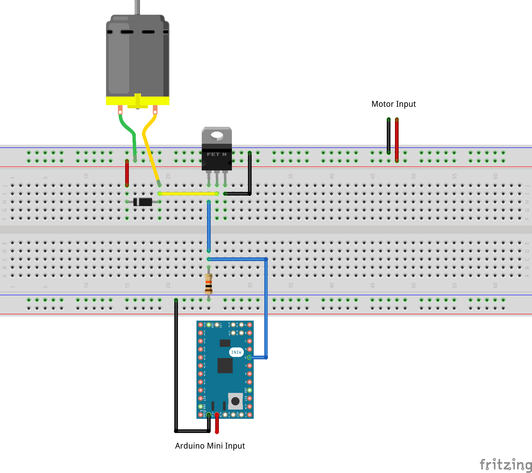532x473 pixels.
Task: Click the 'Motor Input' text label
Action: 393,104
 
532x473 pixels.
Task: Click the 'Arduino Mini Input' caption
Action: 210,446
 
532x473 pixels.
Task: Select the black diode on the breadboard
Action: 143,202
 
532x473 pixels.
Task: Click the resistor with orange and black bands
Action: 209,284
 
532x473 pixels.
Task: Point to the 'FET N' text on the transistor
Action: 216,154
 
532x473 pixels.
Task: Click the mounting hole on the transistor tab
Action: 217,135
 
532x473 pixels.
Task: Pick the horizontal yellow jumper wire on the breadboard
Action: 188,193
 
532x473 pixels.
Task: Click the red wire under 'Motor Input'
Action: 397,139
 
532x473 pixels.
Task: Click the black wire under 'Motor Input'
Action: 389,136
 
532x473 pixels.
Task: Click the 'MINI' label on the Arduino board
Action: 236,352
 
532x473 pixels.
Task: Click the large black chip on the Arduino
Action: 225,366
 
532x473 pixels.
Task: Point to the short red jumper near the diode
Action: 127,173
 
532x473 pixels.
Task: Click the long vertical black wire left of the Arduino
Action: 176,364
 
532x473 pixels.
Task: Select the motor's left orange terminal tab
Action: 120,109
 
